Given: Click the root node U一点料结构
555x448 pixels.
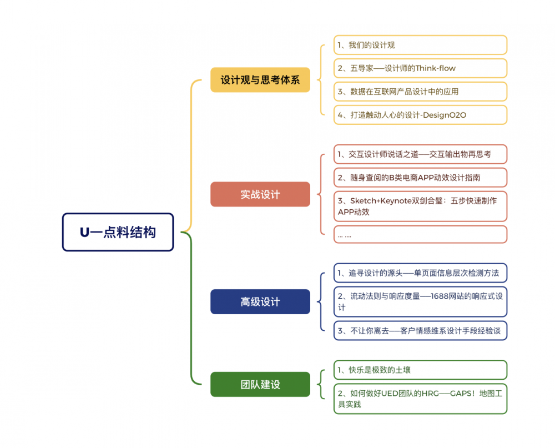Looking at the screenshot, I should [x=118, y=232].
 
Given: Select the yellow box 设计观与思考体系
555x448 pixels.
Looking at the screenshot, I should [x=260, y=80].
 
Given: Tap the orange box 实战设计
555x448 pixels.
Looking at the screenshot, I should [x=260, y=194].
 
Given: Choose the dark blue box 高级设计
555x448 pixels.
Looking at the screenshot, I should [x=260, y=301].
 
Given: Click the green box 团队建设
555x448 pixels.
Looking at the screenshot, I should [x=260, y=384].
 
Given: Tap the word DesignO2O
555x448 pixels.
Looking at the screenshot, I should [x=444, y=115].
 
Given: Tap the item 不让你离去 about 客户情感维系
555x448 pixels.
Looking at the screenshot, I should [x=420, y=331].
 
